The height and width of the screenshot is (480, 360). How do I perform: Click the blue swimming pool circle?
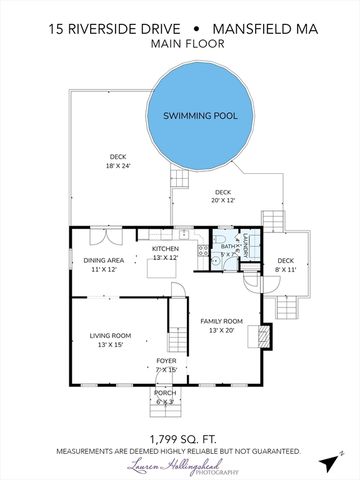pos(204,115)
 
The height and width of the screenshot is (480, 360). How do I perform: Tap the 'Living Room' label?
pos(110,340)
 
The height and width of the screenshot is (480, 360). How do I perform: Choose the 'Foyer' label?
pos(166,365)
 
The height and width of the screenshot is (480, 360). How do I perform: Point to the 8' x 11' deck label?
pos(285,264)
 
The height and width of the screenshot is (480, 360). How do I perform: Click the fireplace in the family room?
pos(264,336)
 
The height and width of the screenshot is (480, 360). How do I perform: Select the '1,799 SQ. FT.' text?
pos(179,438)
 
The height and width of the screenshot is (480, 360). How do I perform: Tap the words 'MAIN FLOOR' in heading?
pos(179,46)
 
